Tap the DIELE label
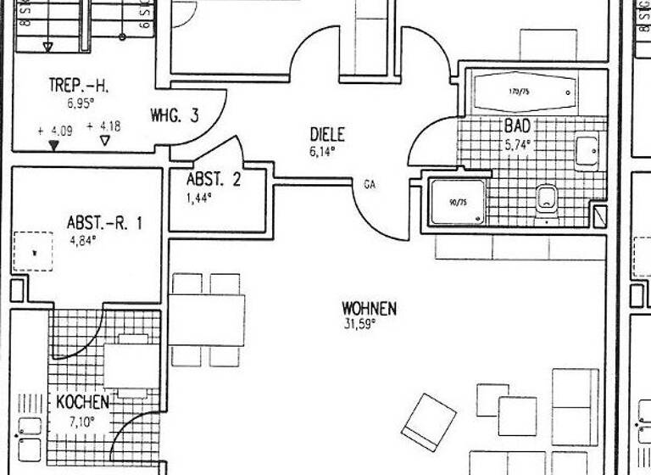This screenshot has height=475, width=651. pos(327,134)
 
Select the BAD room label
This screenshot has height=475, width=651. pos(517,126)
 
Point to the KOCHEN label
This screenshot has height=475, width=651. pos(82,401)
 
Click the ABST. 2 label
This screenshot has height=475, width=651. pos(214,179)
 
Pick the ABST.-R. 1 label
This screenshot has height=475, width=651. pos(104,223)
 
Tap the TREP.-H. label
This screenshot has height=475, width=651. pos(79,86)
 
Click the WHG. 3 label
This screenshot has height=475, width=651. pos(175,115)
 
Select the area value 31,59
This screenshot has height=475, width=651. pos(359,323)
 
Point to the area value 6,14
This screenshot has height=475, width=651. pos(322,152)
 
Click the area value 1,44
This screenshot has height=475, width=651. pos(198,197)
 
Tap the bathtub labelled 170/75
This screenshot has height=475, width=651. pos(523,92)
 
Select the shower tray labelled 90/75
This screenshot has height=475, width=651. pos(458,201)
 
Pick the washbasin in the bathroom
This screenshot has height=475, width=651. pos(586,153)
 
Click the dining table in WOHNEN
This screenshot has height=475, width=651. pos(207,320)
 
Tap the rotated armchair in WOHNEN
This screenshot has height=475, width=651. pos(428,421)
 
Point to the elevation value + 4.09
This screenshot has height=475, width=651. pos(56,131)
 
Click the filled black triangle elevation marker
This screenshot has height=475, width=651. pos(54,145)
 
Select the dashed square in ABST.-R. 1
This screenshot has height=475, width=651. pos(32,251)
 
